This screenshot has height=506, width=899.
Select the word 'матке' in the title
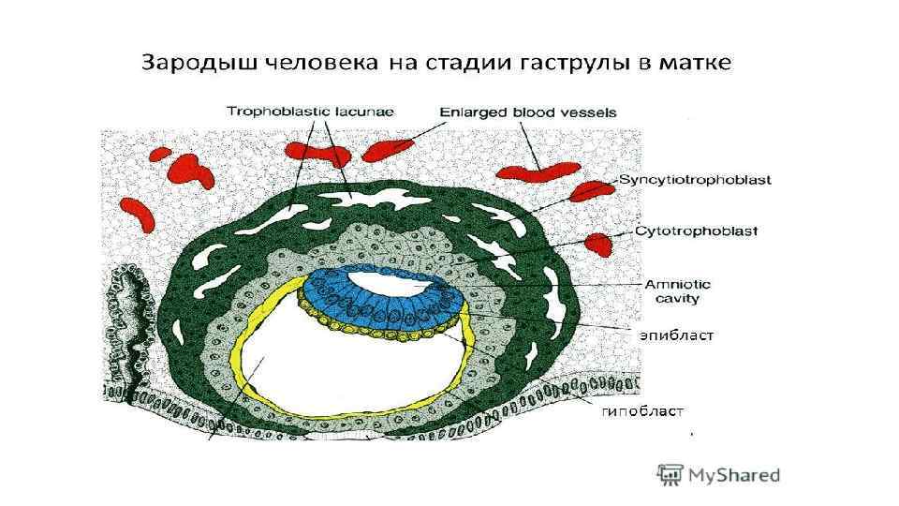(x=703, y=64)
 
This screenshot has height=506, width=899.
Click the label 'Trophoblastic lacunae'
(x=310, y=111)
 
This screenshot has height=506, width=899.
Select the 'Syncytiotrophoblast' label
(x=695, y=180)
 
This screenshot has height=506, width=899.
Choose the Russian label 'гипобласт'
(x=643, y=409)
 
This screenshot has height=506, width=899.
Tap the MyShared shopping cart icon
(x=669, y=474)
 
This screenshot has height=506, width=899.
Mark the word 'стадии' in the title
(x=465, y=64)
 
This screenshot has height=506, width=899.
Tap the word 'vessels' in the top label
(x=590, y=112)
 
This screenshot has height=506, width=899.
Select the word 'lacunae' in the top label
(x=366, y=111)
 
